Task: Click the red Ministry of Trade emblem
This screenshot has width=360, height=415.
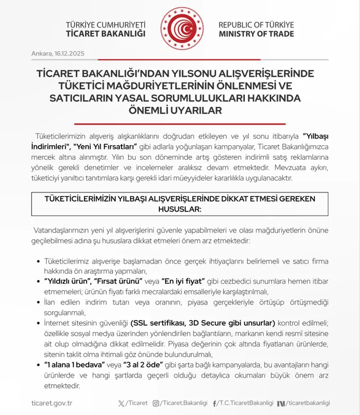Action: point(179,28)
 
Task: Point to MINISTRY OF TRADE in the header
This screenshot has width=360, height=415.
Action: point(256,34)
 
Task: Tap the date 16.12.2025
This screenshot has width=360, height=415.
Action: point(69,54)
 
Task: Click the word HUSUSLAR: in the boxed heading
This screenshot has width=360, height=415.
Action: point(179,208)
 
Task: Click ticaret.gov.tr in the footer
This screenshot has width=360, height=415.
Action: point(52,403)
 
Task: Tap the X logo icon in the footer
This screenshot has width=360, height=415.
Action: point(122,403)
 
